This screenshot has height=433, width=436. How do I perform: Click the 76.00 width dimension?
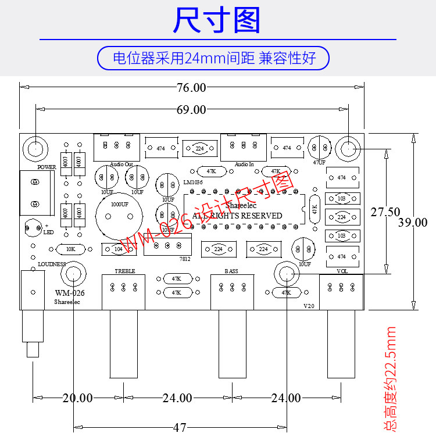click(x=191, y=88)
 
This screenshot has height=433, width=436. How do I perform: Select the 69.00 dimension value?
click(x=191, y=109)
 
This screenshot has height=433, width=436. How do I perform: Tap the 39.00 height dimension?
click(x=413, y=223)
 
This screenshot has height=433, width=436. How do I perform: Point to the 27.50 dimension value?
click(x=385, y=213)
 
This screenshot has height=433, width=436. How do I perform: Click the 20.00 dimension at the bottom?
click(x=77, y=398)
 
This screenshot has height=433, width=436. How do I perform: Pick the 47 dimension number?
click(x=180, y=427)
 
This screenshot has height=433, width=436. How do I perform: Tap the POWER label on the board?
click(x=47, y=167)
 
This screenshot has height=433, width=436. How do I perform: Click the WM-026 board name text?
click(x=70, y=293)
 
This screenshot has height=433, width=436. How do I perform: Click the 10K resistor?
click(x=70, y=249)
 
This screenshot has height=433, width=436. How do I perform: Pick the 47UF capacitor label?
click(x=319, y=163)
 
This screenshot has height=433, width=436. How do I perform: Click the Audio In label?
click(x=244, y=164)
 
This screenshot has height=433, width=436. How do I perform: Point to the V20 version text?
click(x=309, y=306)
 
